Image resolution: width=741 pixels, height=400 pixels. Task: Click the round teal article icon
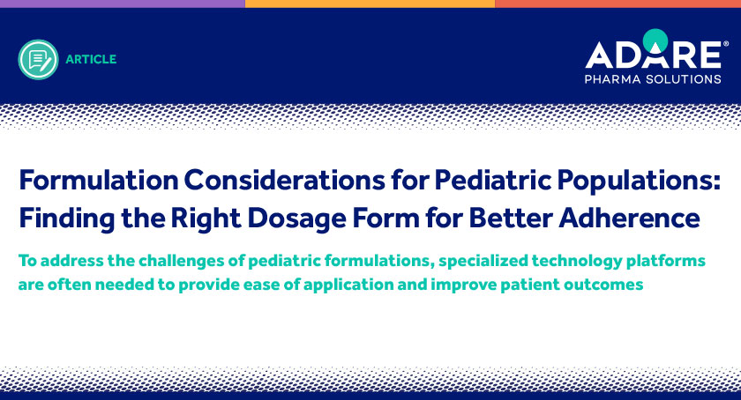[38, 60]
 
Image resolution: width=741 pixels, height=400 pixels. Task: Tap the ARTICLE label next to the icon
[91, 60]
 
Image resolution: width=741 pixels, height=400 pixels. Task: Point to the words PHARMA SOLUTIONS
[653, 79]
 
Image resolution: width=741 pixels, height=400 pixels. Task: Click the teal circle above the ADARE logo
[655, 40]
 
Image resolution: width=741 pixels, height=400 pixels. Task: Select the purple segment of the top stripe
[123, 4]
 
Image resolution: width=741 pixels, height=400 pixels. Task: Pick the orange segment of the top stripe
[370, 4]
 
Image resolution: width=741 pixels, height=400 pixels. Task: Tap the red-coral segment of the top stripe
[618, 4]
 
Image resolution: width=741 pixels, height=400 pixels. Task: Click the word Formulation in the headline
[99, 180]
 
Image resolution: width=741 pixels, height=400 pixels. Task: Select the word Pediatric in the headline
[493, 180]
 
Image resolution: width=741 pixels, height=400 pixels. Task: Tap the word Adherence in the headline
[630, 218]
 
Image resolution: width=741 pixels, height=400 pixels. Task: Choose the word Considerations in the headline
[284, 180]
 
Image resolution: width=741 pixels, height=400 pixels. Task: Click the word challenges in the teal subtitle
[183, 261]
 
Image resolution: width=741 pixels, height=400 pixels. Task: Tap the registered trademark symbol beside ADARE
[726, 43]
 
